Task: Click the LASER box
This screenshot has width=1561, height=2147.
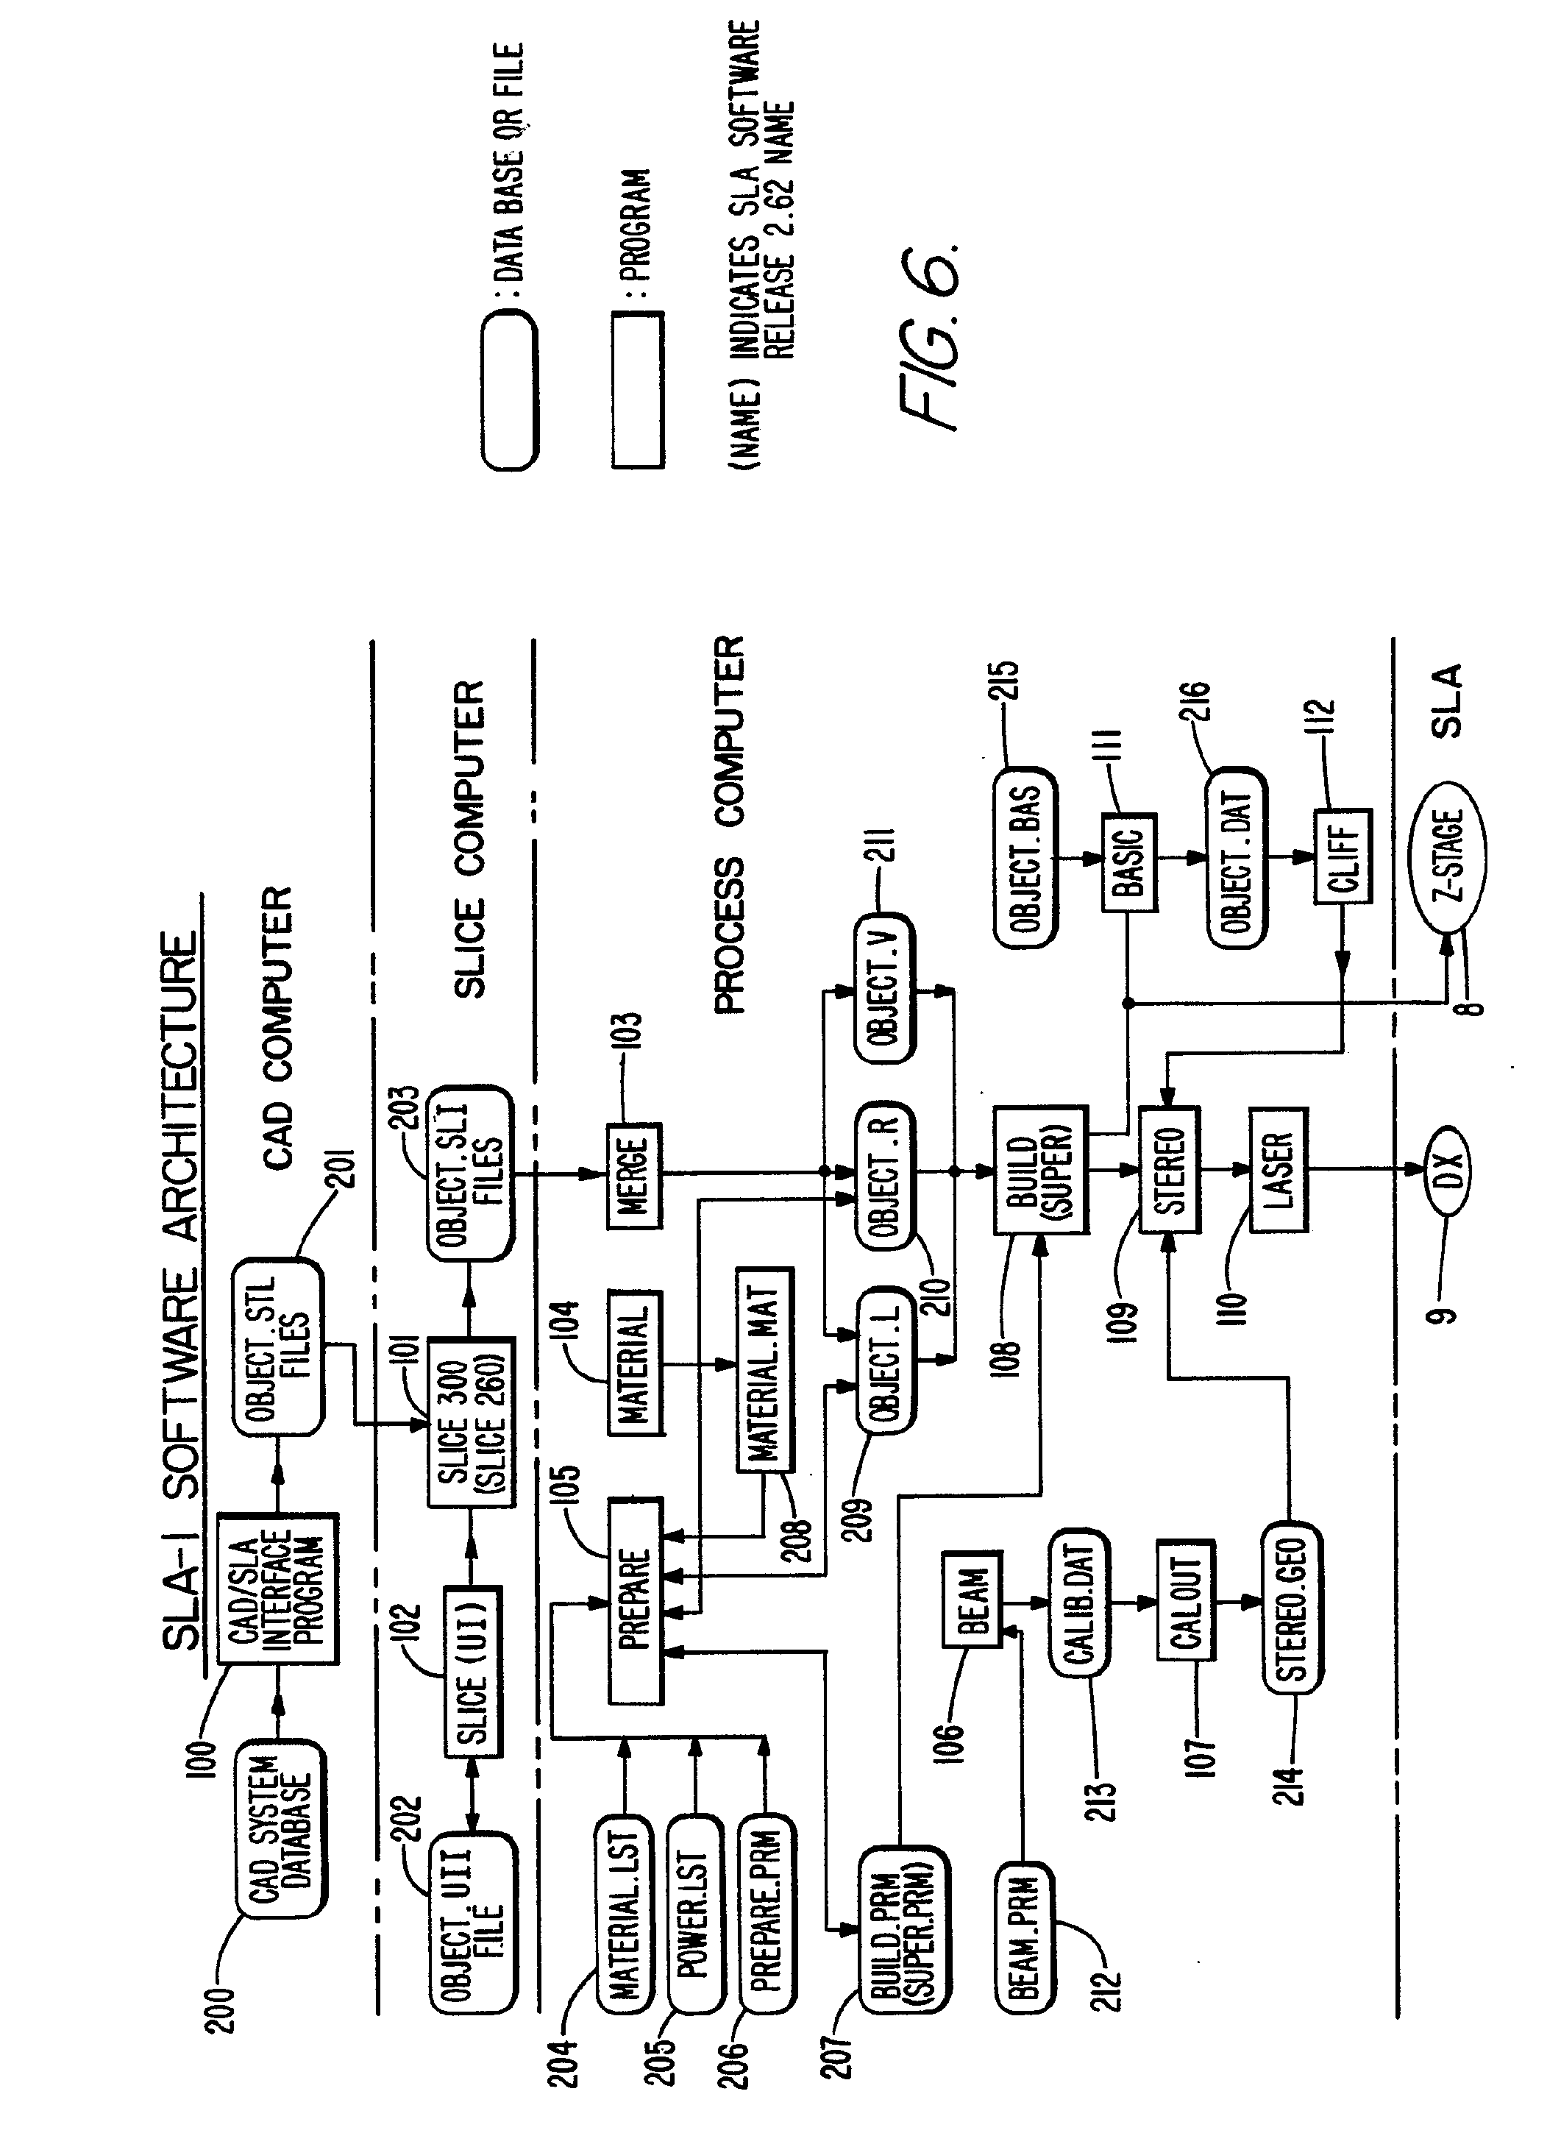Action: [x=1278, y=1170]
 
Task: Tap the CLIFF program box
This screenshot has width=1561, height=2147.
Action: [x=1343, y=856]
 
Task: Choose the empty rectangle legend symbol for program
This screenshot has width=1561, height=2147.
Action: [x=637, y=389]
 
